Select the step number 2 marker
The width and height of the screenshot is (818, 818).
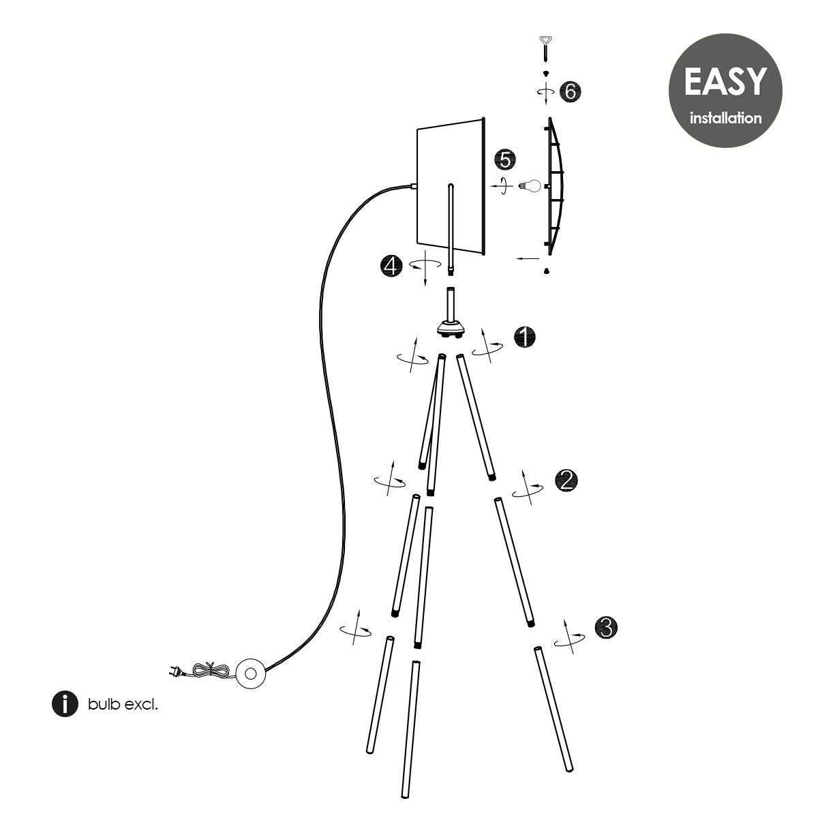pyautogui.click(x=567, y=481)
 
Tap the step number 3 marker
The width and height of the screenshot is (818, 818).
pyautogui.click(x=606, y=628)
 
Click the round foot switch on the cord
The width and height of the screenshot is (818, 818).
pyautogui.click(x=249, y=673)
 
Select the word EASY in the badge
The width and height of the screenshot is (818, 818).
pyautogui.click(x=725, y=81)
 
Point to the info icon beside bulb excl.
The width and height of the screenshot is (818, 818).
pyautogui.click(x=65, y=703)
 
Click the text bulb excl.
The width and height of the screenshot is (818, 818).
pyautogui.click(x=123, y=704)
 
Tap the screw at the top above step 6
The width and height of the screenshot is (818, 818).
pyautogui.click(x=546, y=48)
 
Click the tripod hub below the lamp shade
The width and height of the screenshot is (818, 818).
pyautogui.click(x=451, y=329)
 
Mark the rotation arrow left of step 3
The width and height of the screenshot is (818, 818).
pyautogui.click(x=571, y=637)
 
